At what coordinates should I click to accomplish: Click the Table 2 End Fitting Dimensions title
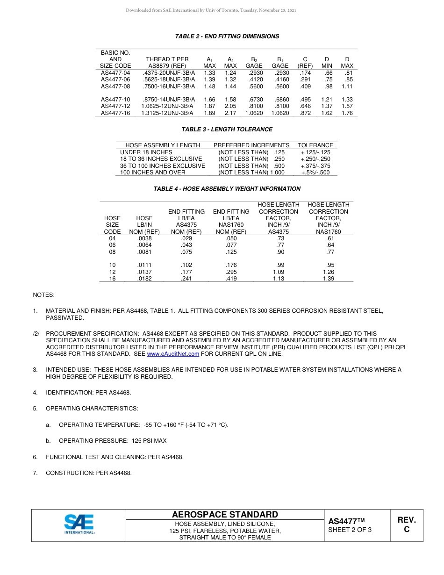[227, 36]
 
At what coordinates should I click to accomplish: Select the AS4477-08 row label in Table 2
[115, 86]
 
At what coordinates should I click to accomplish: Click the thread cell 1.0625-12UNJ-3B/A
[167, 106]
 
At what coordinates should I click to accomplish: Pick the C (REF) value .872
[305, 113]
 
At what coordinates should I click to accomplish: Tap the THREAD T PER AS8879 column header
[167, 63]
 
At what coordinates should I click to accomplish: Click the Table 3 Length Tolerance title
[227, 129]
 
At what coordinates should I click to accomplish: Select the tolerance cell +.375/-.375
[315, 166]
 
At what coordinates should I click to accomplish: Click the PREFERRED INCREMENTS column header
[251, 145]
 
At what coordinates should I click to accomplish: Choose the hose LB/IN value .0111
[144, 265]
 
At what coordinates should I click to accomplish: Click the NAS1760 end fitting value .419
[231, 279]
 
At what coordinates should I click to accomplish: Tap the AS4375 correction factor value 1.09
[279, 272]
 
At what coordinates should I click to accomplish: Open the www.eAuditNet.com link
[173, 354]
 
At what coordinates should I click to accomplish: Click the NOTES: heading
[43, 295]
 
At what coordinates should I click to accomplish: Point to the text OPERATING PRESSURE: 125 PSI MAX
[113, 441]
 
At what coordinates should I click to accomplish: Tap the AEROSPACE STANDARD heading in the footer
[225, 515]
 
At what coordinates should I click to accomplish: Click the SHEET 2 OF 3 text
[350, 530]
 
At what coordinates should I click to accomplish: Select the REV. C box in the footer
[407, 525]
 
